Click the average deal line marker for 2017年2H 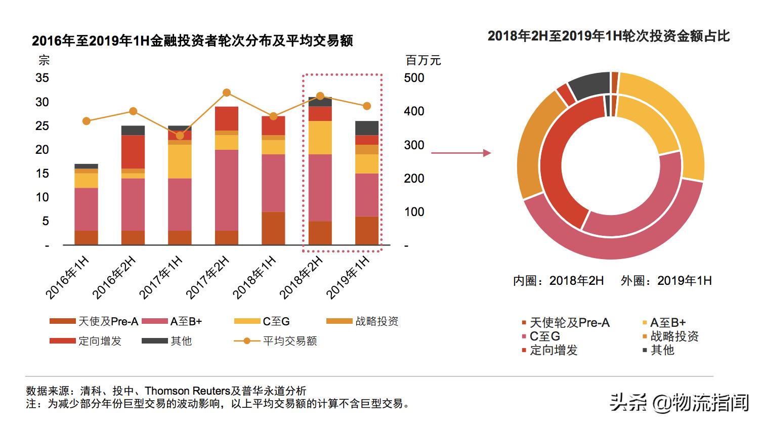[227, 93]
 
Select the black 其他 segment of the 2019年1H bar [367, 128]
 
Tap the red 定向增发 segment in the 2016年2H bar [133, 152]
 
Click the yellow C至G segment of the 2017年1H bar [180, 161]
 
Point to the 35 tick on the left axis [43, 78]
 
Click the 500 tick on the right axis [414, 78]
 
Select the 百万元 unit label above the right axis [423, 61]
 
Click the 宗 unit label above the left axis [44, 61]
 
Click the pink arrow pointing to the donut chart [460, 153]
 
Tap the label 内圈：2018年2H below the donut [558, 281]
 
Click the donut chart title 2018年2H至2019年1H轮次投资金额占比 [609, 36]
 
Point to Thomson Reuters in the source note [187, 391]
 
